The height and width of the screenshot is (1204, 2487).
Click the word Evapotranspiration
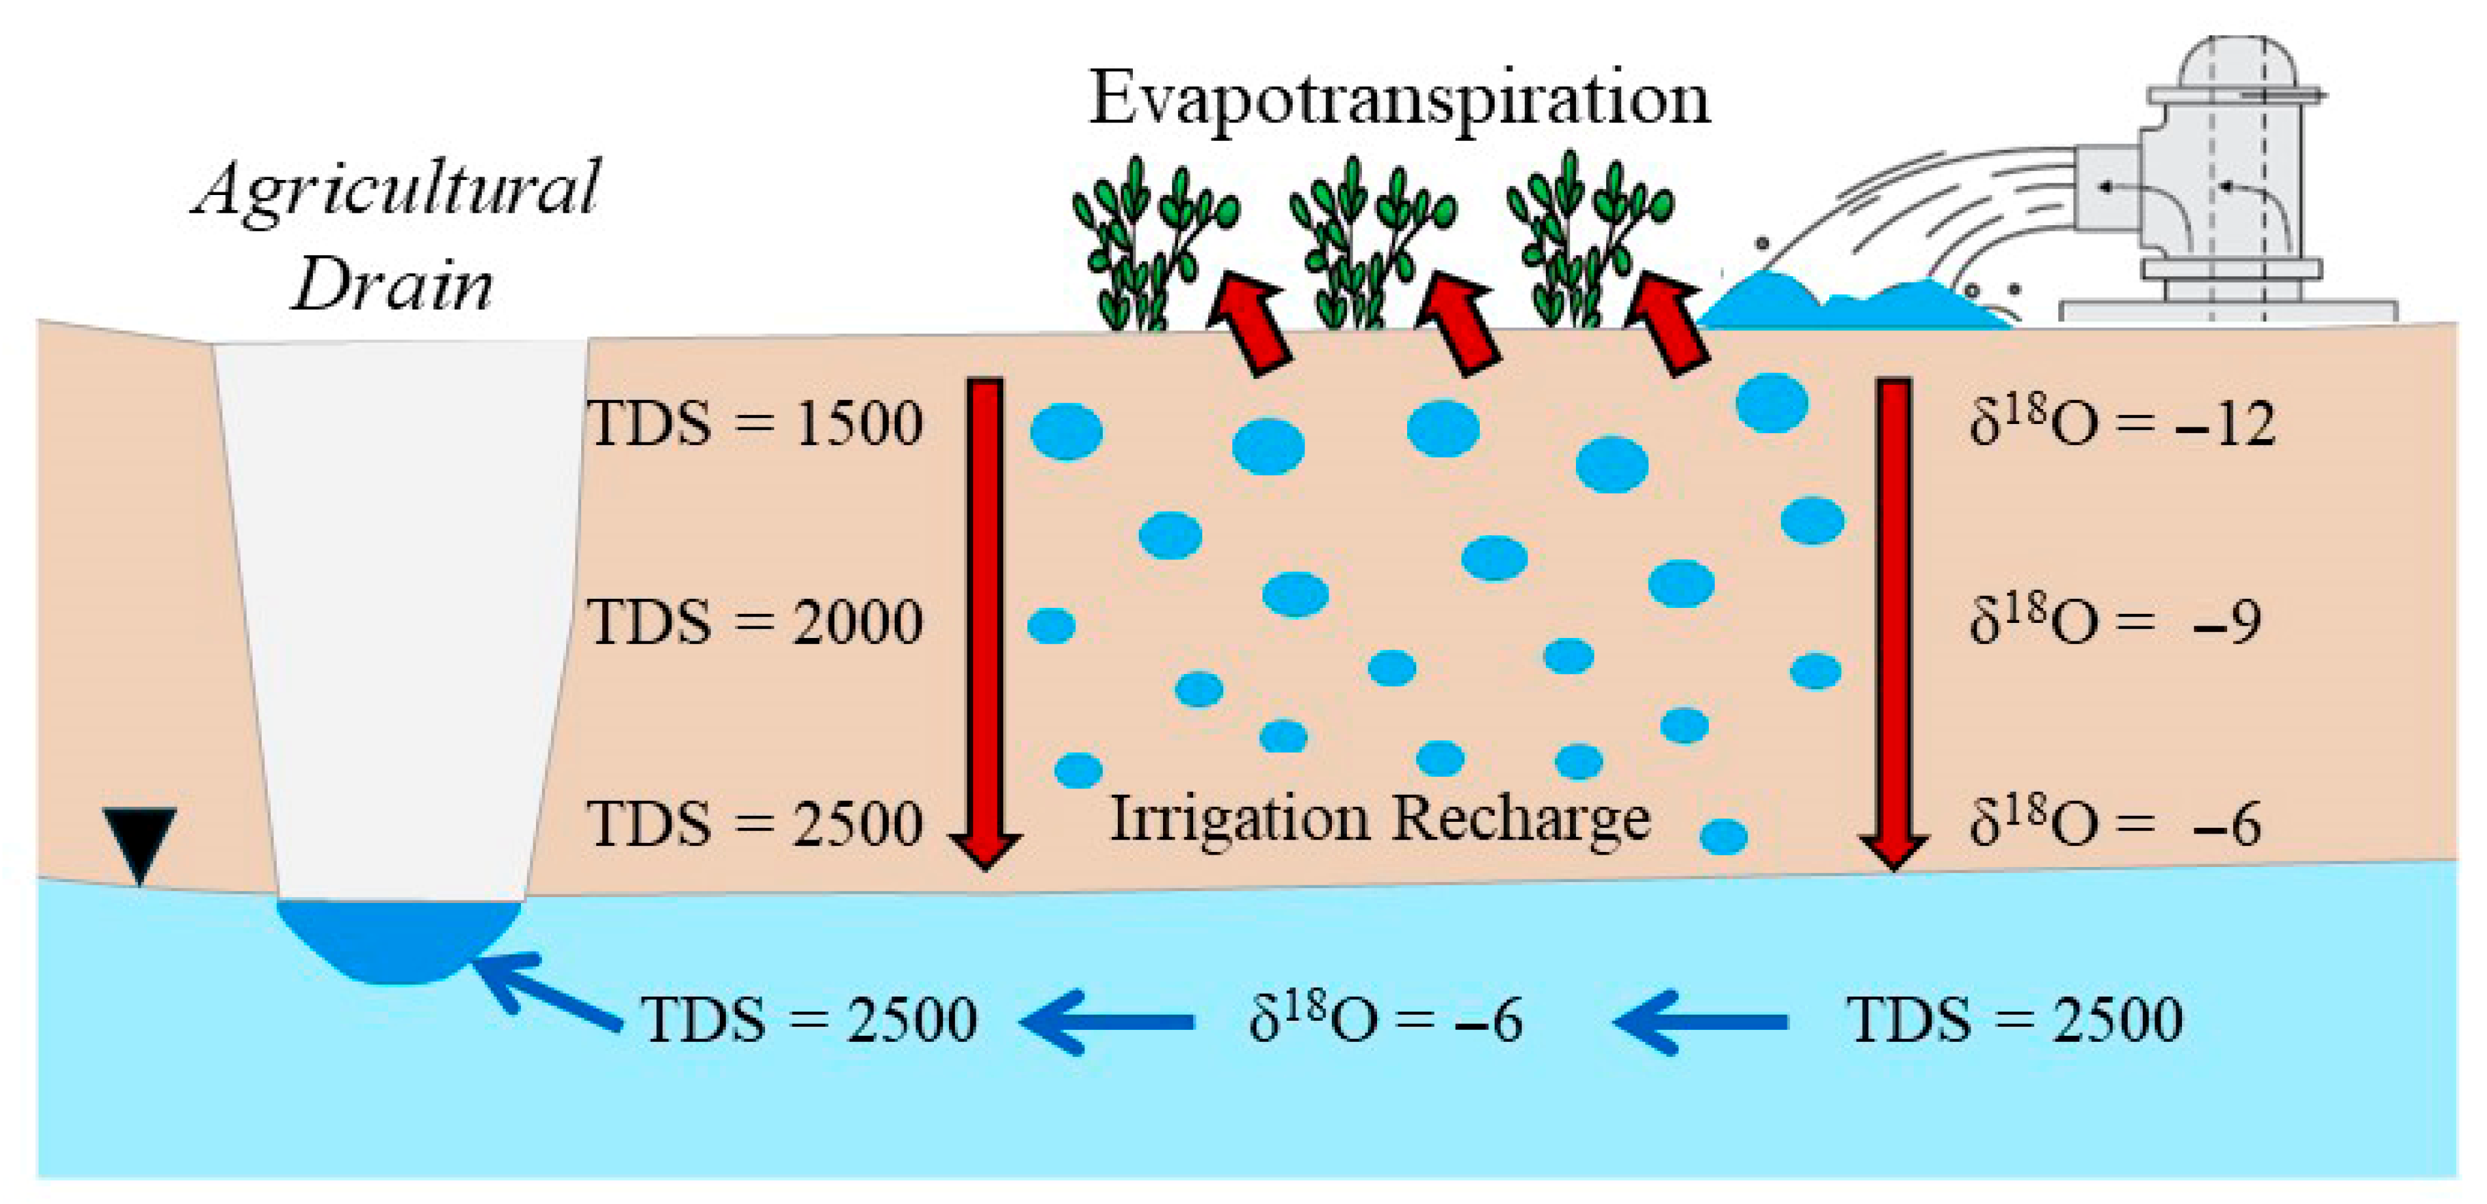coord(1398,100)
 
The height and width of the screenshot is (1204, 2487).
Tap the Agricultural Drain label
coord(396,238)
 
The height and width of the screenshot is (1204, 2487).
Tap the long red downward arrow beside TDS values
coord(986,618)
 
